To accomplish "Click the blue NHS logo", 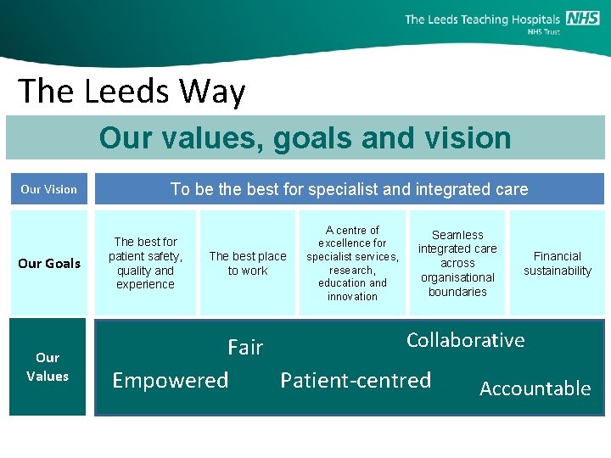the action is [x=582, y=19].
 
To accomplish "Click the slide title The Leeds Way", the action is [x=132, y=91].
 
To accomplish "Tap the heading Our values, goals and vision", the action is [x=305, y=137].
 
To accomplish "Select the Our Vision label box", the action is [x=48, y=189].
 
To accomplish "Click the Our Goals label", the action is [x=49, y=263].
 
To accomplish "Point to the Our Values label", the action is [x=48, y=366].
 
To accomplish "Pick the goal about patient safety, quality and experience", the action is [x=145, y=263].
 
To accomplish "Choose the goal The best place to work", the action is [x=248, y=263].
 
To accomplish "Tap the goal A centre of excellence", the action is [x=352, y=263].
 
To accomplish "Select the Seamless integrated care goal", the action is [x=457, y=263].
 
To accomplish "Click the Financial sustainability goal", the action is [x=558, y=263].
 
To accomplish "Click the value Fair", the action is [x=245, y=347].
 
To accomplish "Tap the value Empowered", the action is [x=171, y=380].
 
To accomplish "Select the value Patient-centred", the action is [x=356, y=380].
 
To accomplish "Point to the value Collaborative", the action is [x=465, y=340].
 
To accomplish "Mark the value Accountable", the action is [x=535, y=388].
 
